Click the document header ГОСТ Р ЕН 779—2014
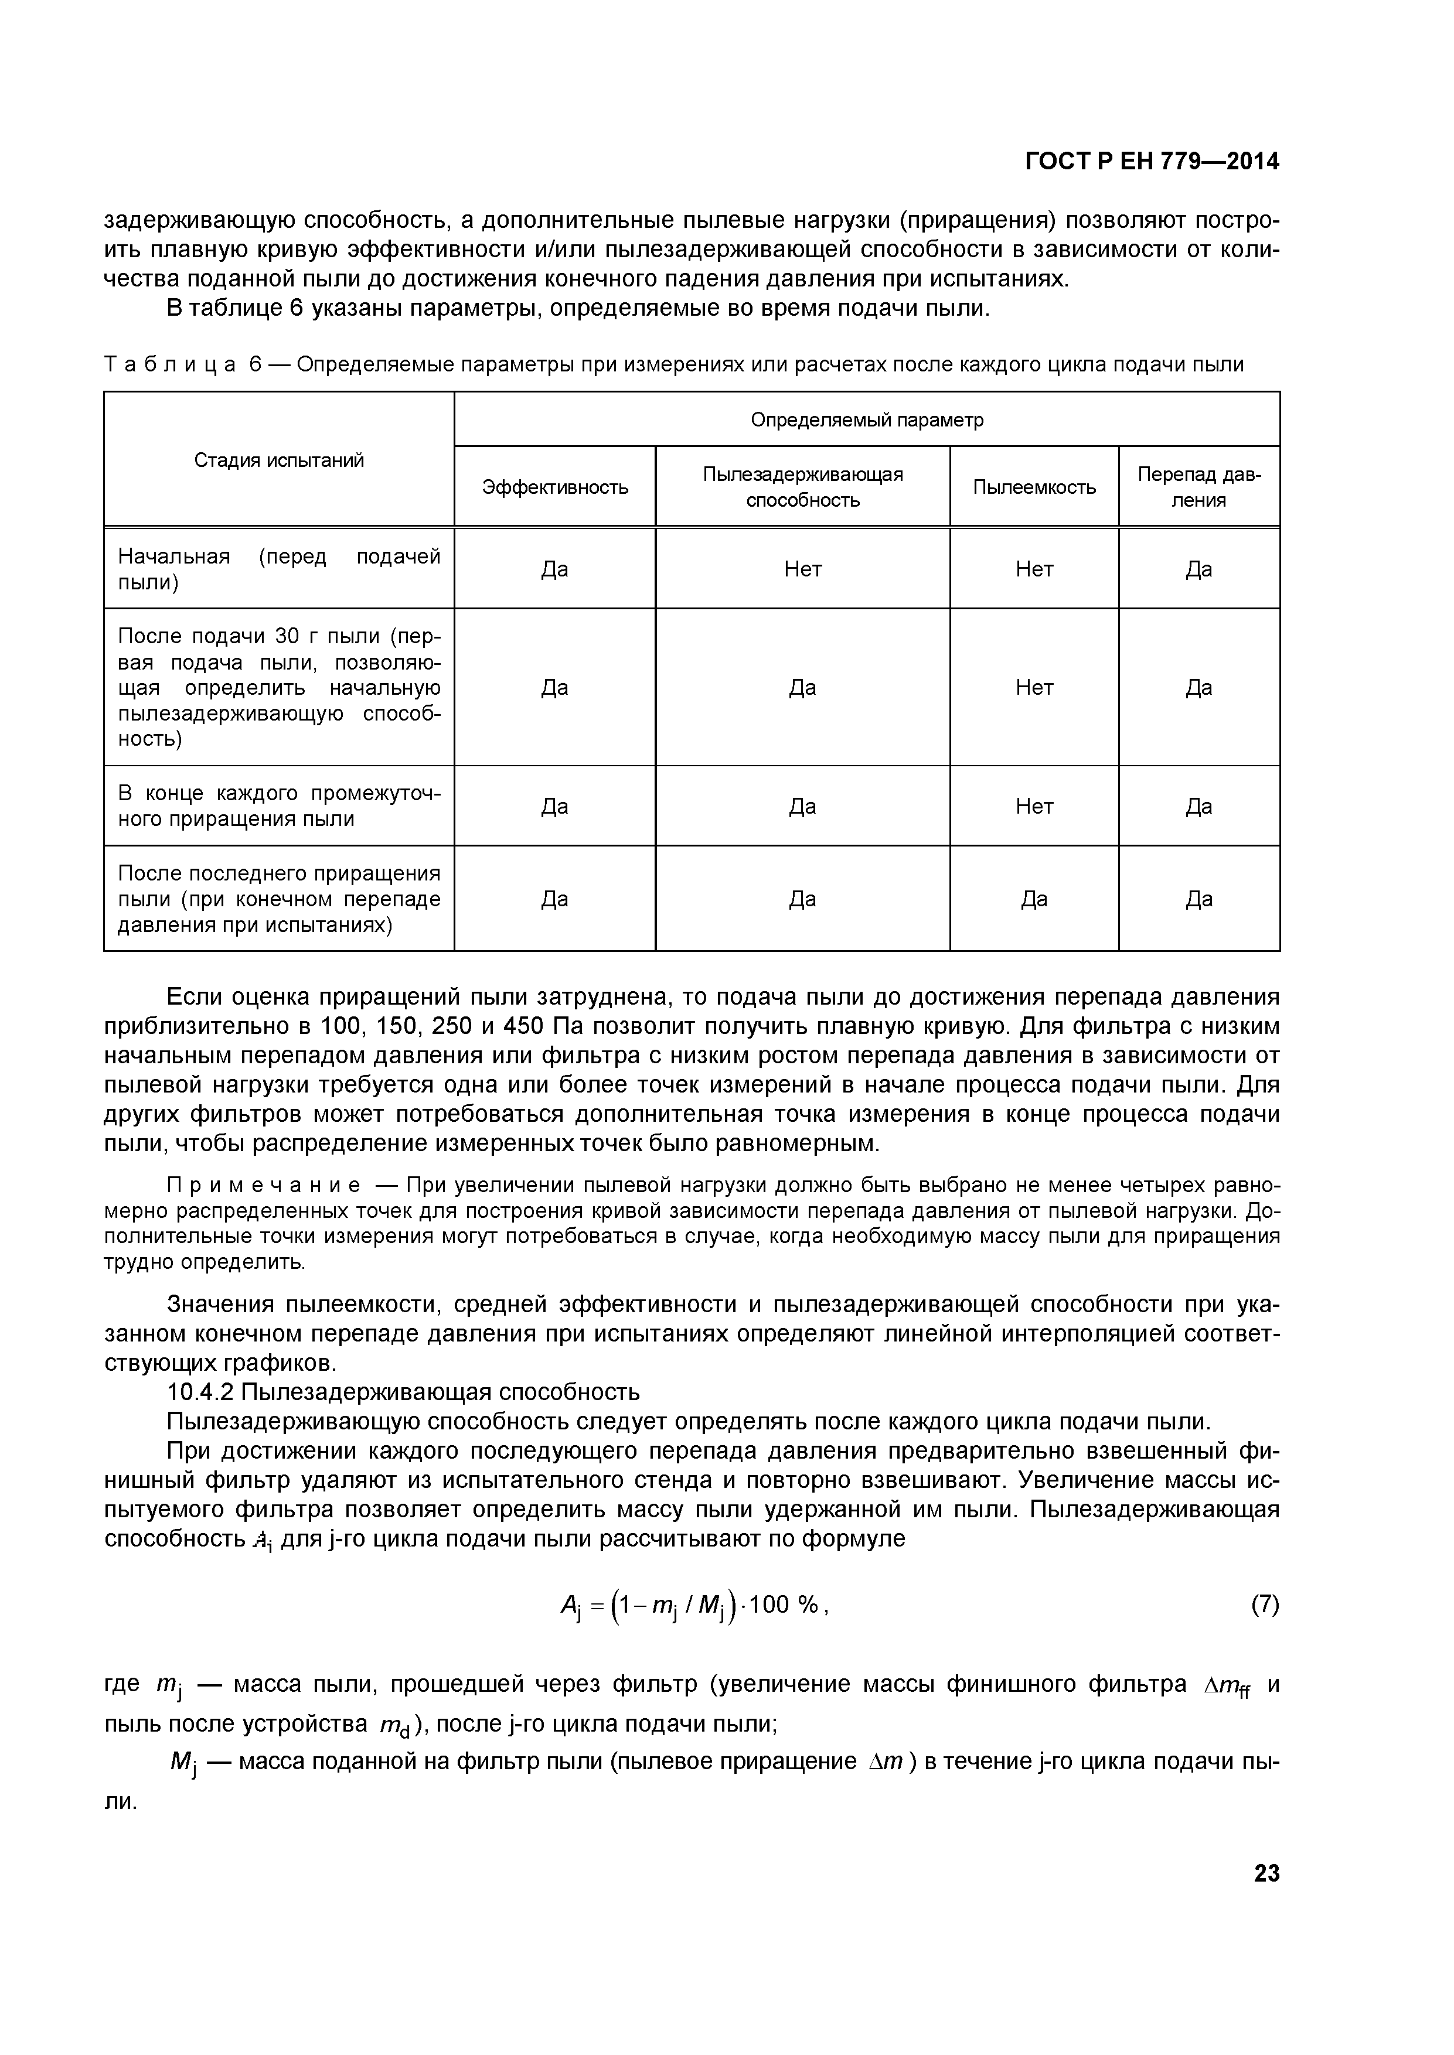(x=1152, y=161)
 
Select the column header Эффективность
(x=555, y=487)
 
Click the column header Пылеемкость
(x=1034, y=487)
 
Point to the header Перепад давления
(x=1199, y=487)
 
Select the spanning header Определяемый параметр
(x=867, y=420)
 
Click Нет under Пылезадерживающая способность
(x=802, y=569)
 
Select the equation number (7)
(x=1264, y=1605)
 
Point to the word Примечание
(x=264, y=1186)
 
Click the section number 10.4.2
(x=200, y=1392)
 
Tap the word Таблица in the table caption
(x=170, y=364)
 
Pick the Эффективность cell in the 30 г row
(x=555, y=687)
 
